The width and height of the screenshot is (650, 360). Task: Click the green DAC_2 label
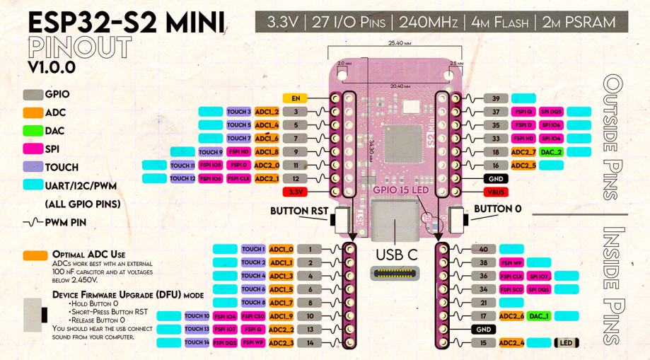551,152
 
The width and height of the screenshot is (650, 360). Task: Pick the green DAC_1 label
540,316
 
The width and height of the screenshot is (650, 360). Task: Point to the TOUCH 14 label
197,342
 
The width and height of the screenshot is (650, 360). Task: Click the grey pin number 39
496,98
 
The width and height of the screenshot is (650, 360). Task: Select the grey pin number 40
483,249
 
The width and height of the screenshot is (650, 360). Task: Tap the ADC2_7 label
523,152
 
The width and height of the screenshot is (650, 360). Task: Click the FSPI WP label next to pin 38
511,262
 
